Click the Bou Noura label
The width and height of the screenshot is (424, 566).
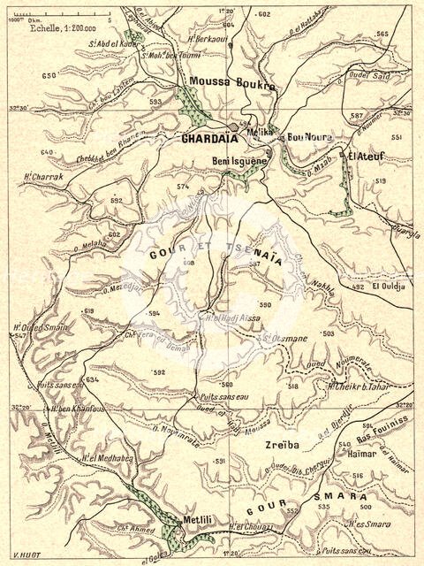click(307, 138)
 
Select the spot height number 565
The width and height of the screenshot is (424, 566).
click(382, 33)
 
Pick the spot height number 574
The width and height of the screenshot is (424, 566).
click(183, 187)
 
